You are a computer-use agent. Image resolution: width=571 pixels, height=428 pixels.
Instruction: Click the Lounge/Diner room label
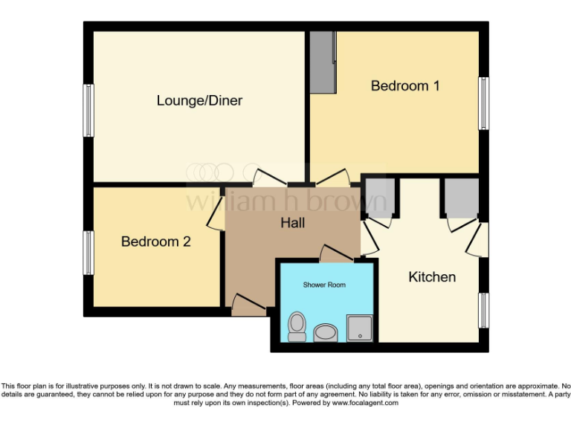[x=199, y=100]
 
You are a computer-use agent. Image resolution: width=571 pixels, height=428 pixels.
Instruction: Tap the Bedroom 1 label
[x=405, y=85]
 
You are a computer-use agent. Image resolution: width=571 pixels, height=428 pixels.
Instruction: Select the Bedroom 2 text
[x=155, y=241]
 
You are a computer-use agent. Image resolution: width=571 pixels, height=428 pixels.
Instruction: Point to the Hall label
[x=292, y=222]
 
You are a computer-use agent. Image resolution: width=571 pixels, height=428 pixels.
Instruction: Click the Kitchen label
[x=432, y=277]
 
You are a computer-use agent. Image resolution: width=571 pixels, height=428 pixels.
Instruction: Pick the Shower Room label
[x=324, y=285]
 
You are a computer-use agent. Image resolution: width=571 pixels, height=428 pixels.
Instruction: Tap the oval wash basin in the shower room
[x=326, y=332]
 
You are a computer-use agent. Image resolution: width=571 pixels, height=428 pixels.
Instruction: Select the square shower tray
[x=358, y=327]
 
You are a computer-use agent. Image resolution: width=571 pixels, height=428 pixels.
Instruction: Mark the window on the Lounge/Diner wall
[x=88, y=110]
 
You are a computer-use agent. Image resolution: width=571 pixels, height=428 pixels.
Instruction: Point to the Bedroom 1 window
[x=484, y=103]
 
